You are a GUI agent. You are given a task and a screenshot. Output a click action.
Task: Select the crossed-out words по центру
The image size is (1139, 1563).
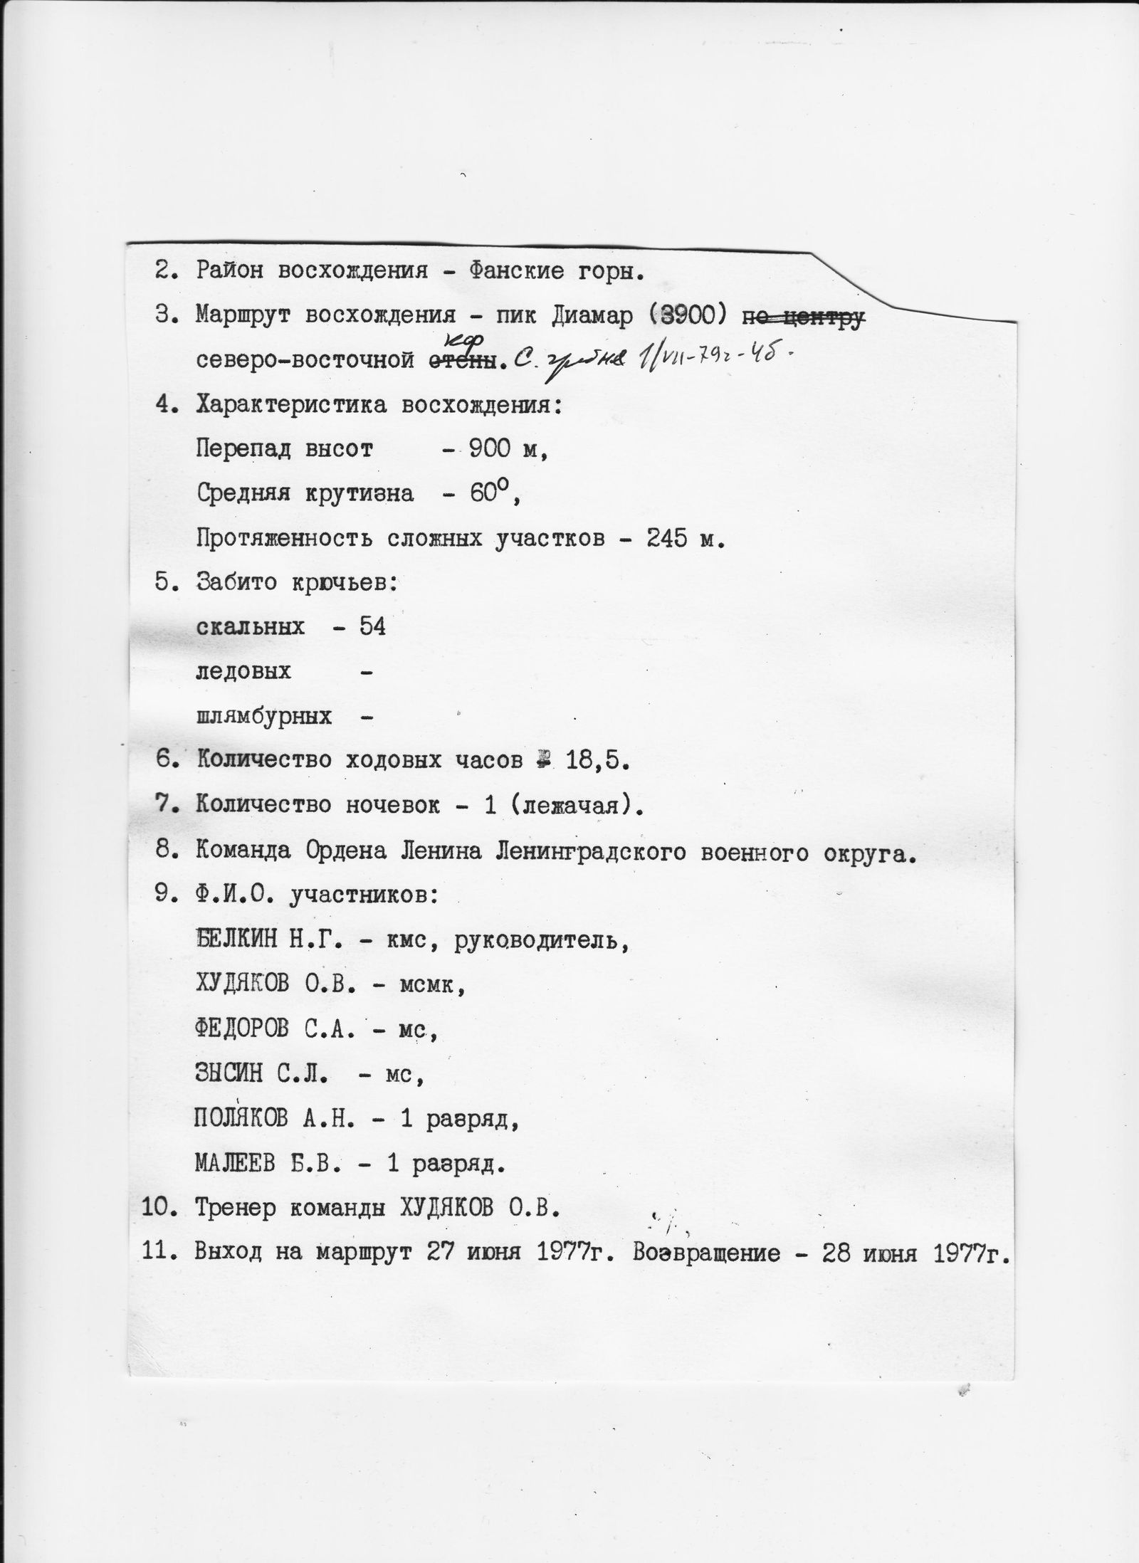point(803,317)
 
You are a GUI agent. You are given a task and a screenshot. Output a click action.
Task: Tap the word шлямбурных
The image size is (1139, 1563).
point(263,716)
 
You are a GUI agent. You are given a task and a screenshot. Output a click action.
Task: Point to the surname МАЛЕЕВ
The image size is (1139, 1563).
point(235,1164)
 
